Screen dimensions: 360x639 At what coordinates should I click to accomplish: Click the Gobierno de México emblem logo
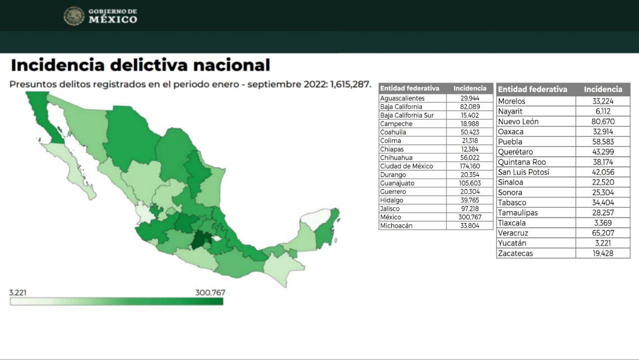tap(74, 16)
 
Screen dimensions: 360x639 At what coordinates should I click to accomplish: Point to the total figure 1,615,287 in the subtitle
tap(350, 84)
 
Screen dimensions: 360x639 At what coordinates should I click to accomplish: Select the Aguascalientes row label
tap(402, 98)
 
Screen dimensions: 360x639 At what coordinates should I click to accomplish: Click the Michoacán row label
tap(396, 226)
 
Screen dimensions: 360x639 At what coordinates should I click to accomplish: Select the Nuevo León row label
tap(518, 122)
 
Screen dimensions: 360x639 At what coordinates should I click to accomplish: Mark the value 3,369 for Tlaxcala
tap(603, 223)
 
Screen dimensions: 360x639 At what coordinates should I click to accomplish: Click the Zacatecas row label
tap(515, 254)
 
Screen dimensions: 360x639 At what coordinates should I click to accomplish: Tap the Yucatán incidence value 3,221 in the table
tap(603, 243)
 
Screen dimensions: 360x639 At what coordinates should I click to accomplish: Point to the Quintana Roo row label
tap(522, 162)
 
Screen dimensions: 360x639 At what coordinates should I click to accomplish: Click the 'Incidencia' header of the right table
tap(603, 89)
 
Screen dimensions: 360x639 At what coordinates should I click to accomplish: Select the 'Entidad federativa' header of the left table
tap(409, 88)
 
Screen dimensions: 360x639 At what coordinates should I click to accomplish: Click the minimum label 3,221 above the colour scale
tap(18, 292)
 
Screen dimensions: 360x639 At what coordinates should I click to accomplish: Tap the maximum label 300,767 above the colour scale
tap(210, 292)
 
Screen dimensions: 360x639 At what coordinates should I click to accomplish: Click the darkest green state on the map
tap(202, 241)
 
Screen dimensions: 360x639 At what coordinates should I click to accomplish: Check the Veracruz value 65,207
tap(603, 233)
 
